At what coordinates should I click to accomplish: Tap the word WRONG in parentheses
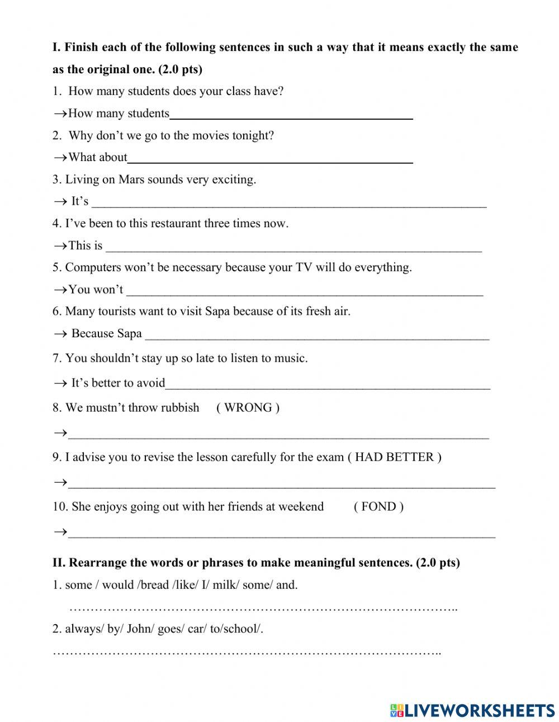tap(248, 408)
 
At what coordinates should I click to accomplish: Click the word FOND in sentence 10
tap(378, 507)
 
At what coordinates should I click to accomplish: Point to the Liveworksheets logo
tap(472, 710)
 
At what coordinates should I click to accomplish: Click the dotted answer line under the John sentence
tap(247, 652)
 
